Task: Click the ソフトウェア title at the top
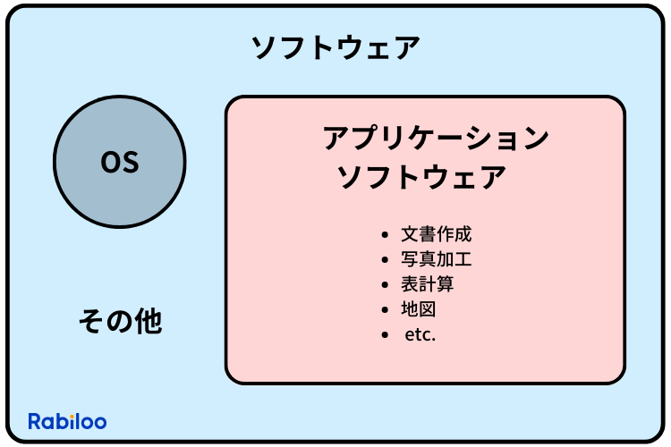point(335,47)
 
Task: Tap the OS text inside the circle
point(119,163)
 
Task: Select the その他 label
point(120,321)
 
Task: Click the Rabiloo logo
point(67,421)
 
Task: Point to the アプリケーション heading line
point(434,139)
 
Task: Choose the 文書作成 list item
point(436,235)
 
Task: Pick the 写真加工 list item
point(436,260)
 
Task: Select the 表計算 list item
point(427,285)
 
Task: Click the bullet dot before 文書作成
point(385,236)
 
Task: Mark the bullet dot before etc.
point(385,336)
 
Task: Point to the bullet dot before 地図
point(385,311)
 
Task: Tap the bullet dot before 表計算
point(385,286)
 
